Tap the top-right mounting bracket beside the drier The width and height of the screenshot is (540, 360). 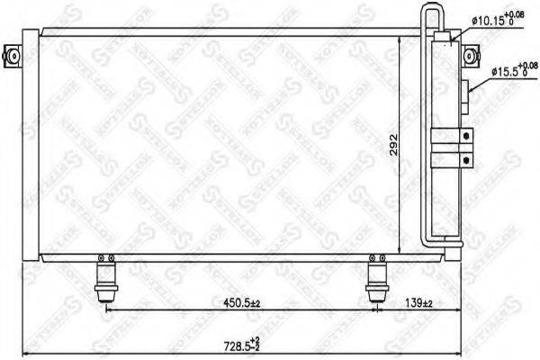pyautogui.click(x=468, y=56)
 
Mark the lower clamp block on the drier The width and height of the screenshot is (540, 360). pyautogui.click(x=450, y=159)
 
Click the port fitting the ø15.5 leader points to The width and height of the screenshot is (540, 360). pyautogui.click(x=468, y=87)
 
